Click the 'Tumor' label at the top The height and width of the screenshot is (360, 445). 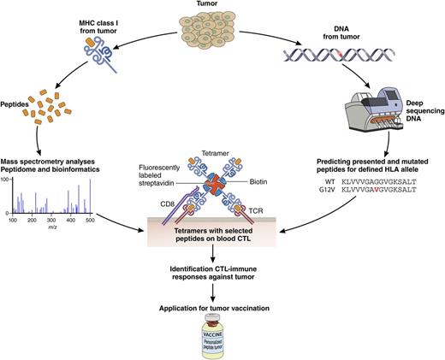[x=222, y=5]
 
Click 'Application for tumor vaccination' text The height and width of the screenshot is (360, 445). [x=222, y=307]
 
